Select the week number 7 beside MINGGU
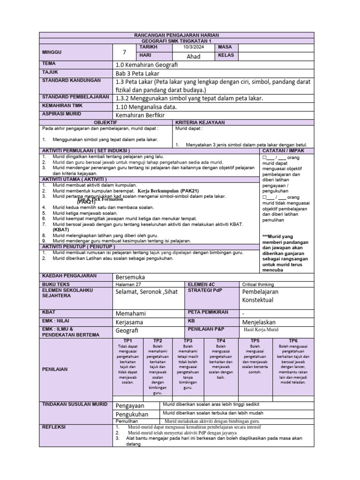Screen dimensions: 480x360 tap(124, 52)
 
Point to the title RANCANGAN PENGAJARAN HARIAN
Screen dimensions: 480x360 tap(176, 36)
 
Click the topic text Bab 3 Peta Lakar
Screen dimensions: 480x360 tap(137, 74)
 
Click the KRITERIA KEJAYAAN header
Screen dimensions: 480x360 tap(200, 122)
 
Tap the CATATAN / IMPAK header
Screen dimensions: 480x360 tap(284, 150)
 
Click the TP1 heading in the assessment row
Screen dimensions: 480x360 tap(127, 340)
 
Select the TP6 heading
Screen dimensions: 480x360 tap(293, 340)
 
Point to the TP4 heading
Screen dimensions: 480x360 tap(220, 340)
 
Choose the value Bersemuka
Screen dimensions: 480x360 tap(130, 277)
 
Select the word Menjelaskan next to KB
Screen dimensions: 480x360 tap(259, 322)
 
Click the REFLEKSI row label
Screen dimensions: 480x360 tap(54, 427)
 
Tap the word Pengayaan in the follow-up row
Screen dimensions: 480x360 tap(130, 405)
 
